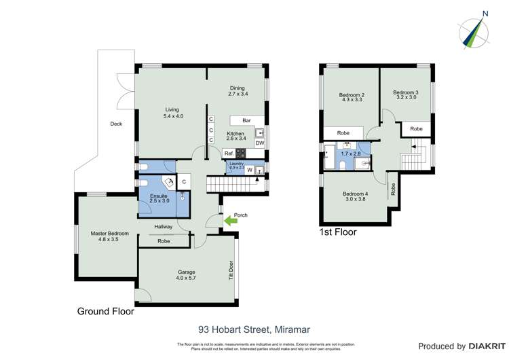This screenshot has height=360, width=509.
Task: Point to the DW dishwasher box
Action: pos(260,143)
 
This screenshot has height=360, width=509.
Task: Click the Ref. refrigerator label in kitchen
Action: pos(229,154)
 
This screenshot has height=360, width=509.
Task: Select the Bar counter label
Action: pos(238,120)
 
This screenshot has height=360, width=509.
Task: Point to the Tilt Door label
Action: pos(231,270)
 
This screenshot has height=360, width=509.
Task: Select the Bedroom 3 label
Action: pos(407,94)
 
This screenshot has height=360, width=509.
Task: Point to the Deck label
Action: pos(116,124)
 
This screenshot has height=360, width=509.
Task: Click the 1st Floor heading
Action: pos(337,232)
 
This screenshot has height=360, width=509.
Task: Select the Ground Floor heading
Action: pos(105,312)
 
